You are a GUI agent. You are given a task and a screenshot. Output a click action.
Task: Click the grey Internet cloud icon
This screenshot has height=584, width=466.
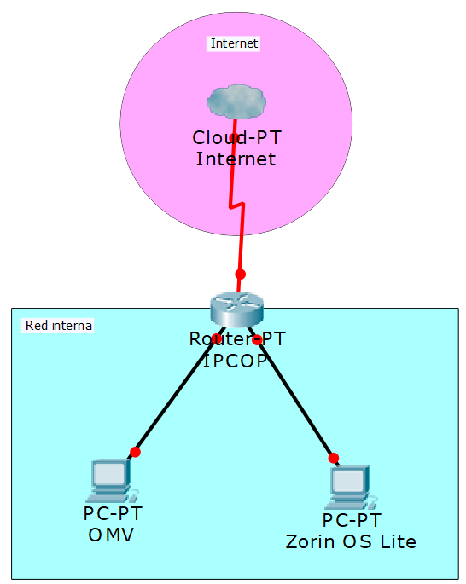tap(235, 101)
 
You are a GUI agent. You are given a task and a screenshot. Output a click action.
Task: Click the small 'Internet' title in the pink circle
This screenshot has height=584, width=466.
tap(234, 43)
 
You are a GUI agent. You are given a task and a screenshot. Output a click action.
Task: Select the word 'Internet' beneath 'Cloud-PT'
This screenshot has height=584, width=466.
tap(236, 159)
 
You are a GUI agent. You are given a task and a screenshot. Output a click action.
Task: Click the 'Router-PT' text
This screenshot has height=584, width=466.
tap(237, 339)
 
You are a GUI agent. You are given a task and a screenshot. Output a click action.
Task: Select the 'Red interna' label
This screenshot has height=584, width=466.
tap(59, 325)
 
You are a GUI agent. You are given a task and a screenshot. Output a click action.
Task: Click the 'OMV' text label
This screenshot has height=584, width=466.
tap(112, 535)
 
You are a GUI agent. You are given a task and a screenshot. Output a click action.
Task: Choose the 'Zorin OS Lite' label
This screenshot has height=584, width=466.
tap(351, 541)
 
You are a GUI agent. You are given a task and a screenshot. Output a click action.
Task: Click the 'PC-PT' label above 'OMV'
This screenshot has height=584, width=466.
tap(113, 514)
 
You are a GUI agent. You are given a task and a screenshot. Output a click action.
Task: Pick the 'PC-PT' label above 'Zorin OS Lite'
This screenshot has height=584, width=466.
tap(352, 521)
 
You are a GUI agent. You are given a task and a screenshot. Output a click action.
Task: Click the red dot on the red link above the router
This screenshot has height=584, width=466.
tap(240, 274)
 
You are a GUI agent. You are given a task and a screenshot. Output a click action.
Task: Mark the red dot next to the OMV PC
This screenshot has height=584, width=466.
tap(135, 452)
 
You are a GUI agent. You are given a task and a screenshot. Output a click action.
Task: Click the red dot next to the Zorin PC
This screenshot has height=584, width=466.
tap(334, 458)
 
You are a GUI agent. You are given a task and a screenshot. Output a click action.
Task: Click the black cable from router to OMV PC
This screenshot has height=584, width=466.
tap(175, 396)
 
